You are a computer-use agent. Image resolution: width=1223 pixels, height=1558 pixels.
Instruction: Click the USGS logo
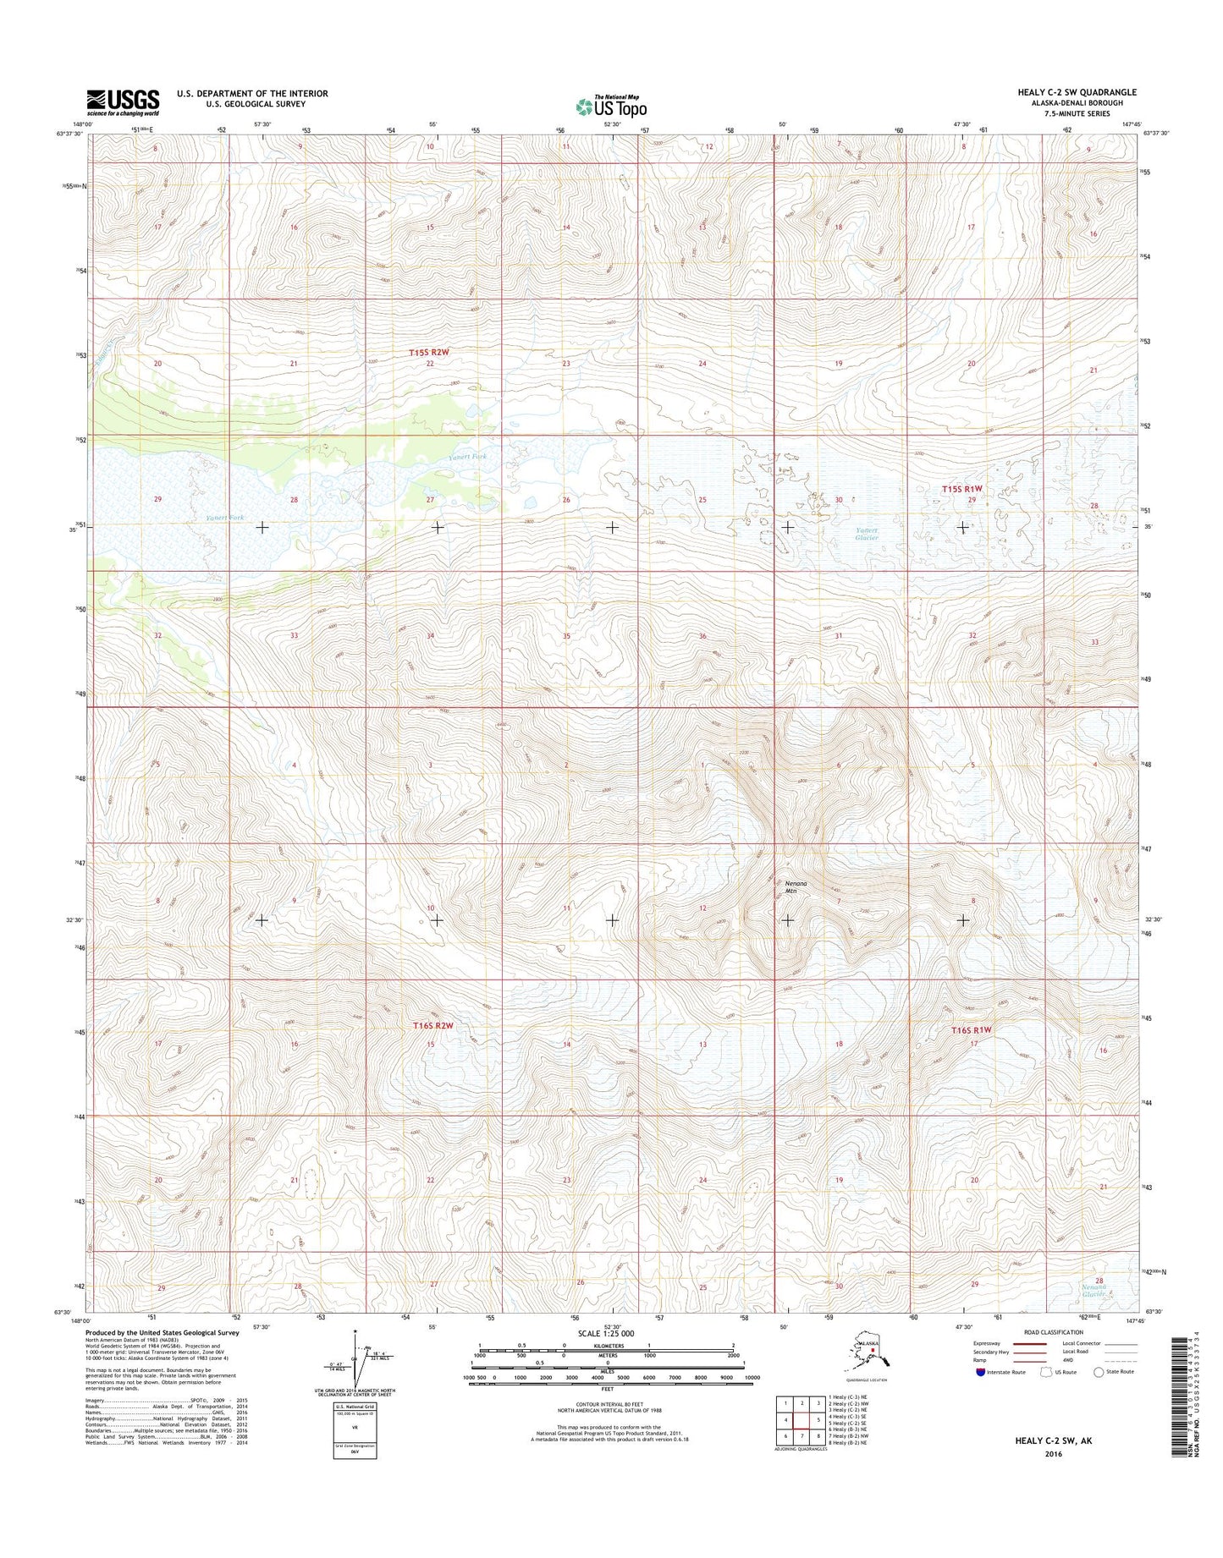pos(122,102)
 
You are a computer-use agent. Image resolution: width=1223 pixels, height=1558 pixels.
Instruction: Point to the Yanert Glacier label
pos(866,534)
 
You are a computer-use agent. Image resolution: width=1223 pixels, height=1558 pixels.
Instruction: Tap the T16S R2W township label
pos(433,1025)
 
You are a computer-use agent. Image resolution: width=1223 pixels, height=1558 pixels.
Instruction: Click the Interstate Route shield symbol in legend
pos(981,1372)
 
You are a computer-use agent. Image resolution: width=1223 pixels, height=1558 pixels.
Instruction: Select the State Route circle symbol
pos(1100,1372)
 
